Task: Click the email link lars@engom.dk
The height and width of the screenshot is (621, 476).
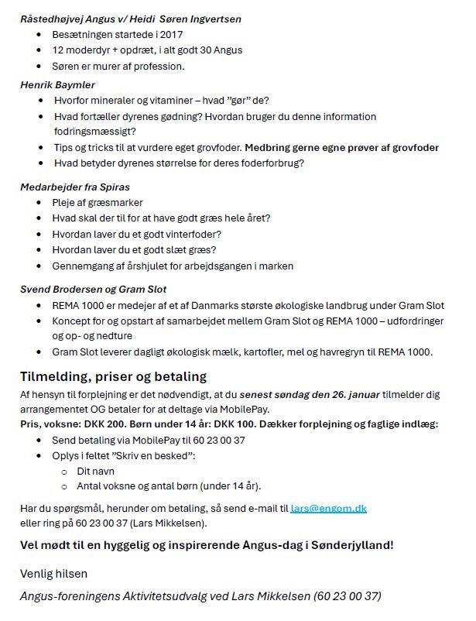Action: coord(328,508)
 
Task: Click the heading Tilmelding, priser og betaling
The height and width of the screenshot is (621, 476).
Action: coord(113,377)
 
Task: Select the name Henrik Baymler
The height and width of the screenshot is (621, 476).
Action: coord(57,84)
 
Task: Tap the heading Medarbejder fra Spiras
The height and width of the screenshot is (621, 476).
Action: coord(74,187)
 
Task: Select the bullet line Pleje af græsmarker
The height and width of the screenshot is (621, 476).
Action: coord(98,203)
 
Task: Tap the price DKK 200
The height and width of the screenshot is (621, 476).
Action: coord(111,424)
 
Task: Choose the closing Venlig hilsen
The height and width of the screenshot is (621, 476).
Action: coord(53,574)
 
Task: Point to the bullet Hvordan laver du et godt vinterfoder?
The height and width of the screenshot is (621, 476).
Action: coord(137,234)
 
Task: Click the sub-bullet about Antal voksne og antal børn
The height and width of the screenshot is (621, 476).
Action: coord(169,486)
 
